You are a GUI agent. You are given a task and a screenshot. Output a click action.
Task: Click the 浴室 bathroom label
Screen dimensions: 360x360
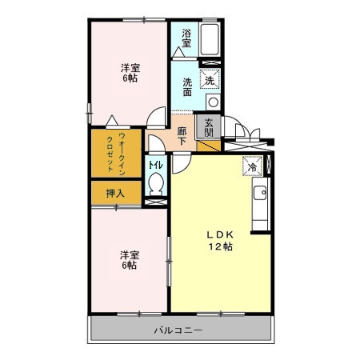pyautogui.click(x=186, y=38)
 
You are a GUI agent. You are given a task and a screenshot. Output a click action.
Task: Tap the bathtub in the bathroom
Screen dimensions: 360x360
pyautogui.click(x=210, y=39)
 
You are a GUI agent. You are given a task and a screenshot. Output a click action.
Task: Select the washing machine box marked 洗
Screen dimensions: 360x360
pyautogui.click(x=210, y=78)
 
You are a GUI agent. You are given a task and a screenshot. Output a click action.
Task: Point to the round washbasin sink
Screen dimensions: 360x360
pyautogui.click(x=213, y=102)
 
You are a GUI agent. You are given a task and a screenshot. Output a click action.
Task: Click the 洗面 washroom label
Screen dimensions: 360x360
pyautogui.click(x=187, y=86)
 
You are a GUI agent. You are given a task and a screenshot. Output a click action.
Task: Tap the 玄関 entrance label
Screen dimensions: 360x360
pyautogui.click(x=209, y=127)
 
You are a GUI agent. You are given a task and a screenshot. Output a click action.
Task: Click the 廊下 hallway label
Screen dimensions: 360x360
pyautogui.click(x=182, y=136)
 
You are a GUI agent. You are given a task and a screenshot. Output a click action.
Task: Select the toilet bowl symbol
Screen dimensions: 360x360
pyautogui.click(x=155, y=184)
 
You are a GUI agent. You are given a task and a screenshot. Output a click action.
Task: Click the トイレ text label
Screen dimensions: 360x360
pyautogui.click(x=155, y=165)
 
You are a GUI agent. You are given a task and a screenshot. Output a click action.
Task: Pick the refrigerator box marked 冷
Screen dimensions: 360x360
pyautogui.click(x=252, y=166)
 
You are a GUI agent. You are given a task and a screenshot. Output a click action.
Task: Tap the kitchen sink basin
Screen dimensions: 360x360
pyautogui.click(x=260, y=193)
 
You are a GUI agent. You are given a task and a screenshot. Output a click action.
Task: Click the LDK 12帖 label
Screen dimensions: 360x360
pyautogui.click(x=221, y=241)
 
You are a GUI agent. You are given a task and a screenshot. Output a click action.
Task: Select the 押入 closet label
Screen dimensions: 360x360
pyautogui.click(x=115, y=193)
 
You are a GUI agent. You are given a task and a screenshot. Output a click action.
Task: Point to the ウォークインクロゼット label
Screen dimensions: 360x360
pyautogui.click(x=116, y=154)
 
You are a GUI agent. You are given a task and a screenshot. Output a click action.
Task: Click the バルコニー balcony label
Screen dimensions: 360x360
pyautogui.click(x=178, y=330)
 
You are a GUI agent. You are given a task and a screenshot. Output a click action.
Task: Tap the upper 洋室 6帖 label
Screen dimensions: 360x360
pyautogui.click(x=130, y=73)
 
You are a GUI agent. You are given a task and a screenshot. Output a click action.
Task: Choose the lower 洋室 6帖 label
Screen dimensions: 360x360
pyautogui.click(x=130, y=260)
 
